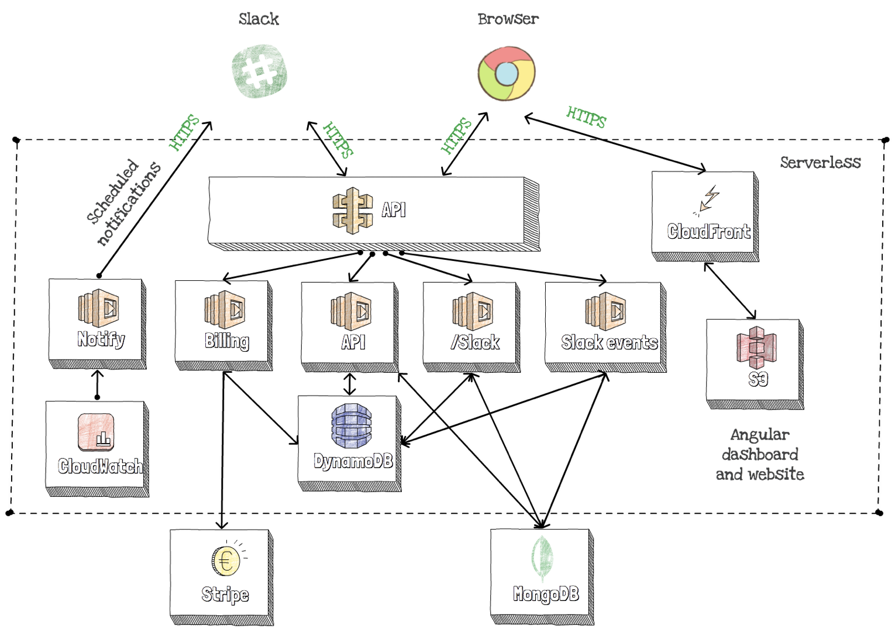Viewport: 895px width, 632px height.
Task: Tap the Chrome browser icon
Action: tap(506, 73)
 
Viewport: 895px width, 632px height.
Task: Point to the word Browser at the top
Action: tap(508, 19)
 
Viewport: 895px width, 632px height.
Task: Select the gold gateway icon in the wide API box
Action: tap(352, 211)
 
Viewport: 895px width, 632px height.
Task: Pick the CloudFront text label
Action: tap(708, 232)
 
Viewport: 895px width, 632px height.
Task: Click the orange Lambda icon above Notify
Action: tap(98, 307)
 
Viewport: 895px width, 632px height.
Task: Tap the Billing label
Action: tap(227, 341)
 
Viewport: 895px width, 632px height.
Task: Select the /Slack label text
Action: tap(475, 342)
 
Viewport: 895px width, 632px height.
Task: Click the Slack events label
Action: tap(609, 342)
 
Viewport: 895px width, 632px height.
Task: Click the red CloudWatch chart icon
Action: tap(96, 432)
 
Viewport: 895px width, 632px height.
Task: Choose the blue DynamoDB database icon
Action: tap(351, 425)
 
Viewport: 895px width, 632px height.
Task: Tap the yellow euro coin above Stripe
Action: tap(226, 561)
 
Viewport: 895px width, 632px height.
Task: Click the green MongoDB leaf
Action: tap(542, 559)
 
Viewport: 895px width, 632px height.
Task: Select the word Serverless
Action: tap(820, 162)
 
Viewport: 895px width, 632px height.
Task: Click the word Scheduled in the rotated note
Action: tap(112, 192)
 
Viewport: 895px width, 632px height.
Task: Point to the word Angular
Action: tap(759, 434)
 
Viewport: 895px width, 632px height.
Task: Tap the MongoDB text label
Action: tap(546, 594)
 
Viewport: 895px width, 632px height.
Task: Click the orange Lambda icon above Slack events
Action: tap(605, 310)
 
